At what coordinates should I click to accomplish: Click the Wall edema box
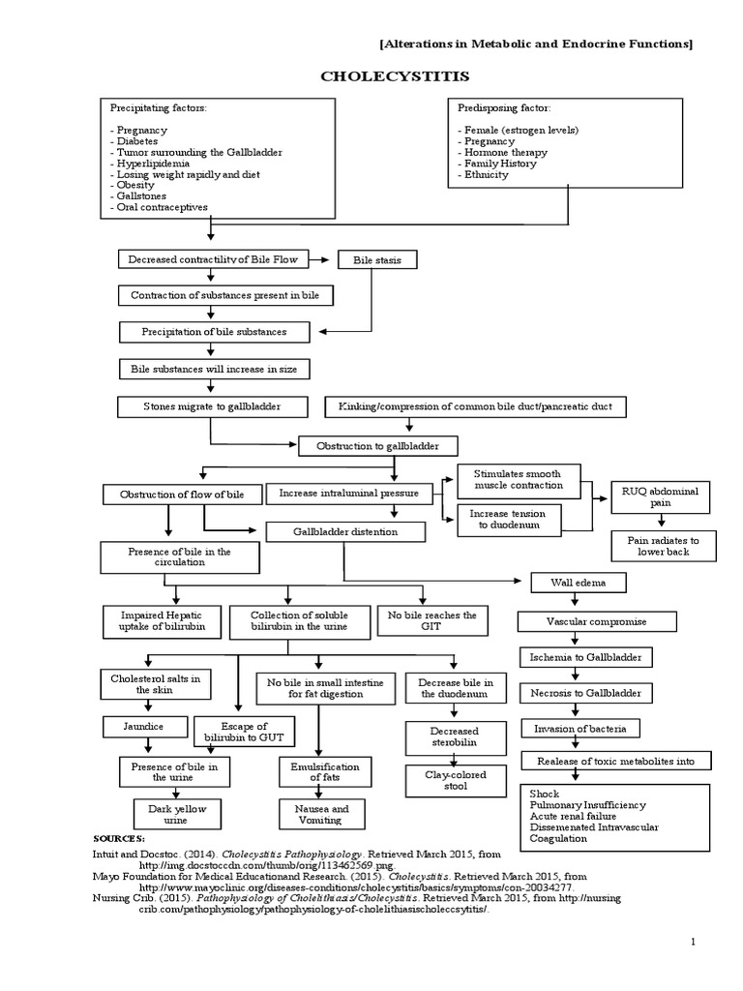579,583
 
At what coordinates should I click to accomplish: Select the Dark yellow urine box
171,813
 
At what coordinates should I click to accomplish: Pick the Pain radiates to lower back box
663,545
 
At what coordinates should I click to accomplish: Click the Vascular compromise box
596,621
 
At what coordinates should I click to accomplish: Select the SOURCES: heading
119,838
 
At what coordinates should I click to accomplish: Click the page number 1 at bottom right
693,941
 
